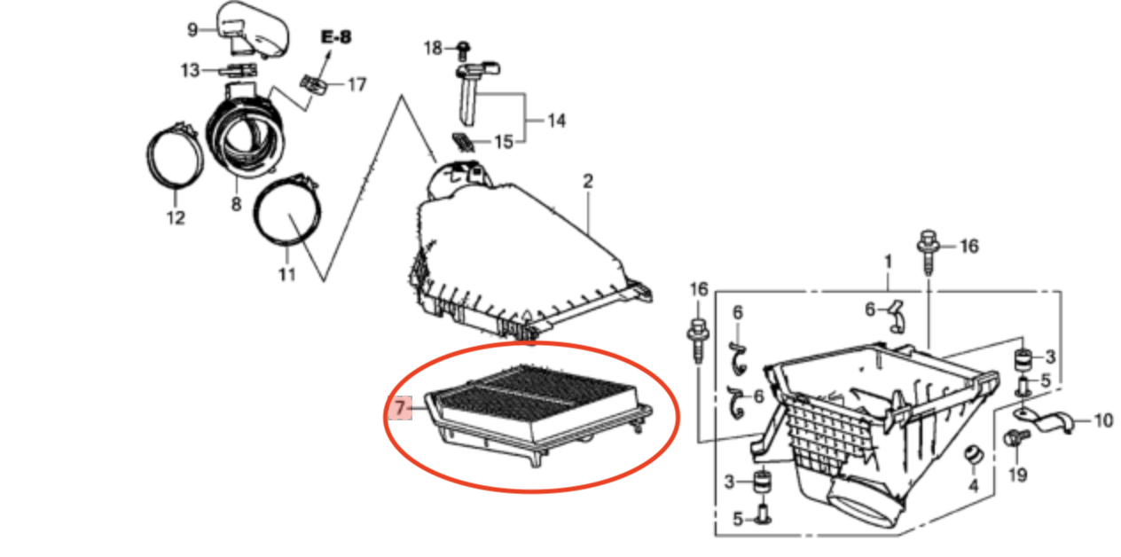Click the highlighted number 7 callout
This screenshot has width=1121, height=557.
point(400,408)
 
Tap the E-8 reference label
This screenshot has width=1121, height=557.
point(336,37)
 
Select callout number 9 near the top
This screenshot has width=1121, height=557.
point(192,30)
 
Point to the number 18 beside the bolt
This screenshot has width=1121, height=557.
point(433,48)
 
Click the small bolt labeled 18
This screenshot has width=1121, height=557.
point(464,51)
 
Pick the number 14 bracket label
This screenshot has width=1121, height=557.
point(556,121)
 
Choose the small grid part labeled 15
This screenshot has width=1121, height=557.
point(464,142)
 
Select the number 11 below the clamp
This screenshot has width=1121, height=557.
point(286,274)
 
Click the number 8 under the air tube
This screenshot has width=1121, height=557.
point(236,204)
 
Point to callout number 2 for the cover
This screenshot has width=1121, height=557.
point(588,181)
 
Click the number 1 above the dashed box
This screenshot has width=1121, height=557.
point(889,262)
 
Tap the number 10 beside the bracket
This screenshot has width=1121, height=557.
point(1103,420)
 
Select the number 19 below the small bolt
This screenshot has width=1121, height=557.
point(1018,475)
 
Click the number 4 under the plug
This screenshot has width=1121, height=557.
point(974,485)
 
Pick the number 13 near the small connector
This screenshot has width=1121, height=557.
point(190,70)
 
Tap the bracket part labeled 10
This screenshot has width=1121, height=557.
point(1044,421)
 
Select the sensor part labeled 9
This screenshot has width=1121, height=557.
point(253,30)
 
